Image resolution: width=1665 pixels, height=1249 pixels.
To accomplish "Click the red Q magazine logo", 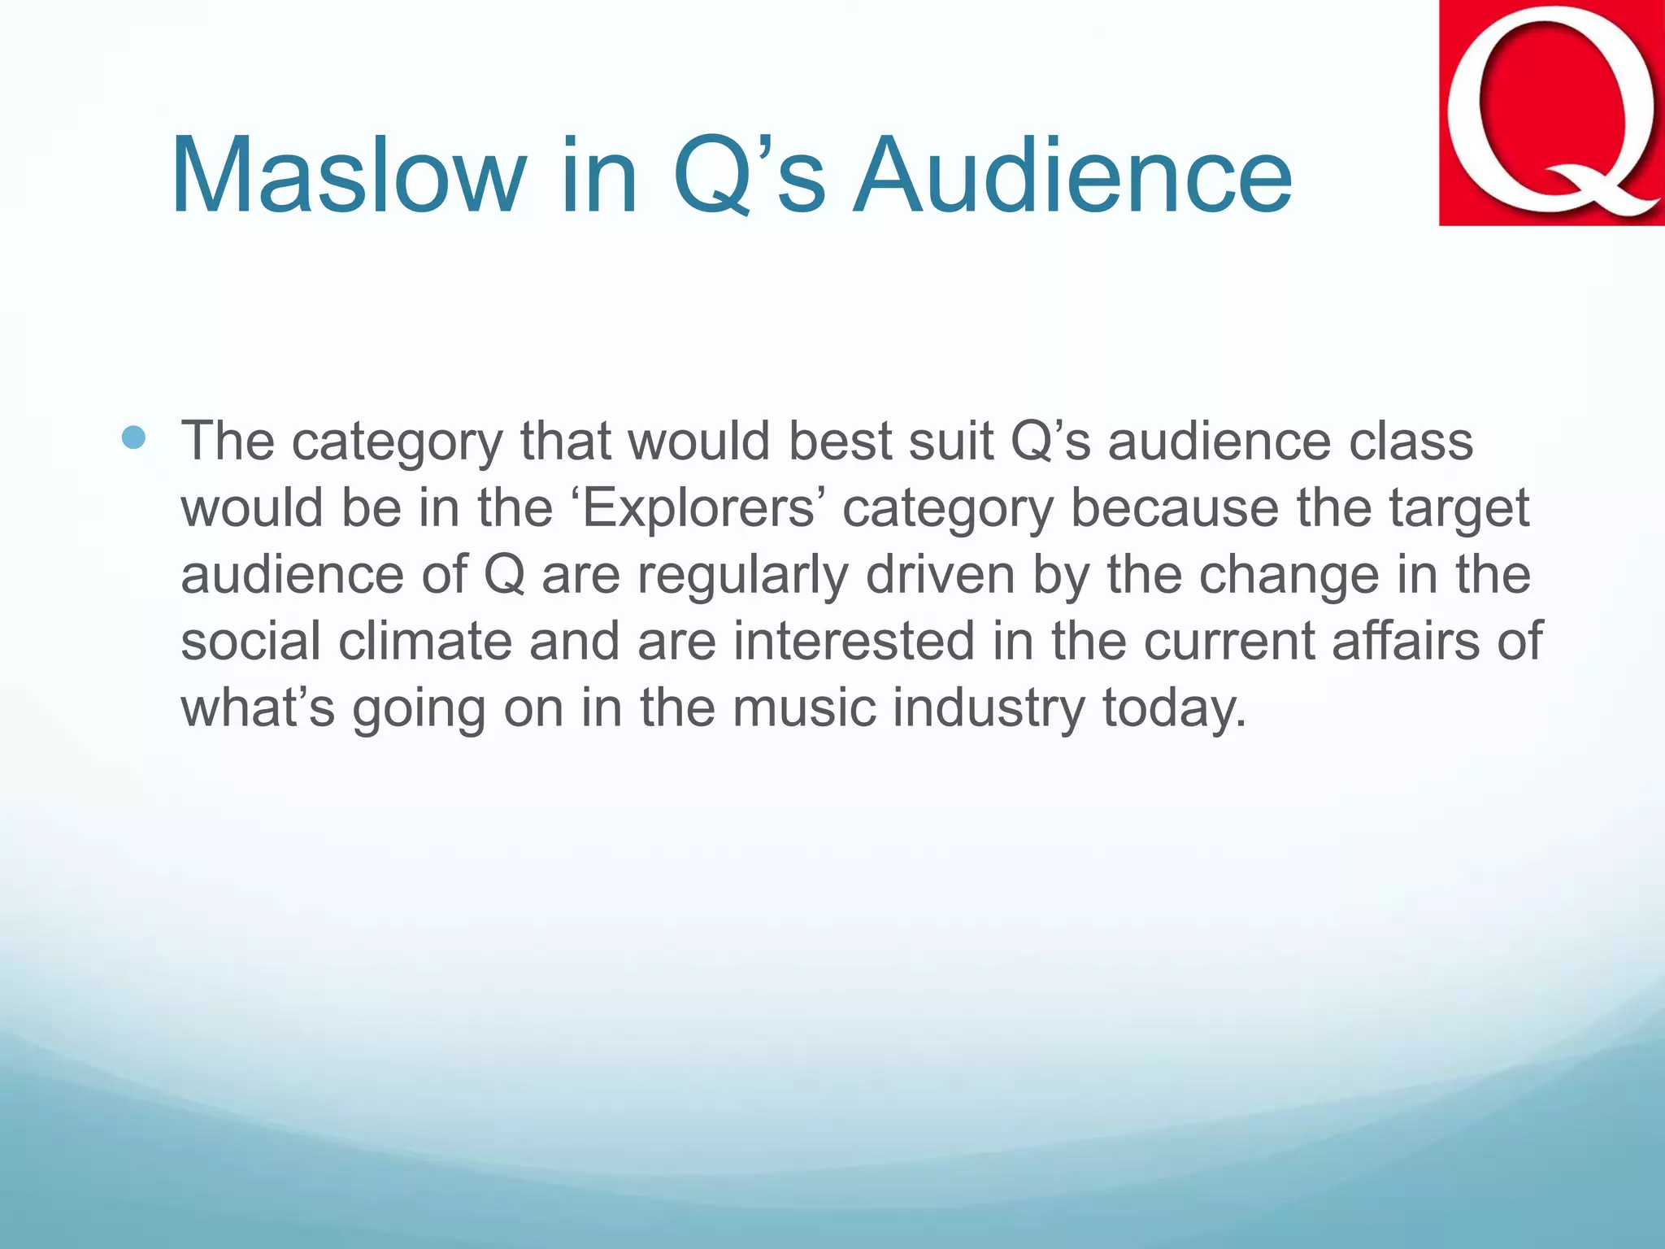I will (x=1551, y=112).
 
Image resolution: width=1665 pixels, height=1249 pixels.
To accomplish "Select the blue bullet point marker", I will (x=133, y=438).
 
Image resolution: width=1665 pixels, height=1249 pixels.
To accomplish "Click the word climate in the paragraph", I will (x=425, y=641).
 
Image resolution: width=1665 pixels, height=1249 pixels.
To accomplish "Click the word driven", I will (x=940, y=575).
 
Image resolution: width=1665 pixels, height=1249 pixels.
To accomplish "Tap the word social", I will (x=250, y=641).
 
